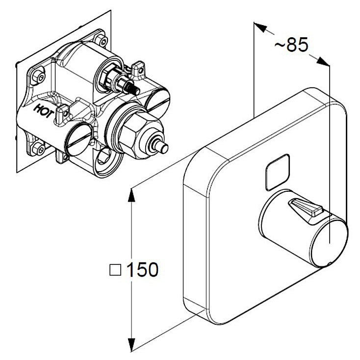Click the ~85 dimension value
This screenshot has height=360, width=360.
click(x=291, y=45)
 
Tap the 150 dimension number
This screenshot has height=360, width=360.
click(x=142, y=269)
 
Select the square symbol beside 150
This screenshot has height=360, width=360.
click(x=115, y=270)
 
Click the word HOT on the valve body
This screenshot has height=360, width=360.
click(x=44, y=111)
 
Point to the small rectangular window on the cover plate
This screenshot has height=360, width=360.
click(x=277, y=172)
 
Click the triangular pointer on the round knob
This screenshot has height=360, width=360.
click(x=306, y=207)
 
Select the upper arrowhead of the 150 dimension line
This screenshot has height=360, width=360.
click(x=131, y=195)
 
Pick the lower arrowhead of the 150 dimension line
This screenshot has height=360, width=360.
click(x=131, y=345)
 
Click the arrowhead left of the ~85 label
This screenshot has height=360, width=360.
click(x=260, y=27)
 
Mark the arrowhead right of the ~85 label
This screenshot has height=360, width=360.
click(x=323, y=61)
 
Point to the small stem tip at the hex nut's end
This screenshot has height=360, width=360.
click(x=162, y=147)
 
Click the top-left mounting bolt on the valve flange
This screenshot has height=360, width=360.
click(x=38, y=76)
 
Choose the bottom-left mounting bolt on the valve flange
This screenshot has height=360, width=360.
click(x=38, y=149)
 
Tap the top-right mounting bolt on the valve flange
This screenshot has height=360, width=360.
click(x=102, y=40)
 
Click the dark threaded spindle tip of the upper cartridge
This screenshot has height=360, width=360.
click(x=133, y=89)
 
